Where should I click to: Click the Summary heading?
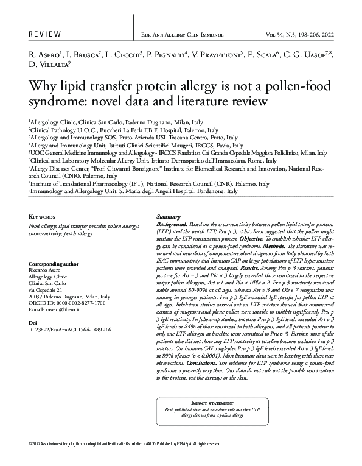(x=169, y=217)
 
